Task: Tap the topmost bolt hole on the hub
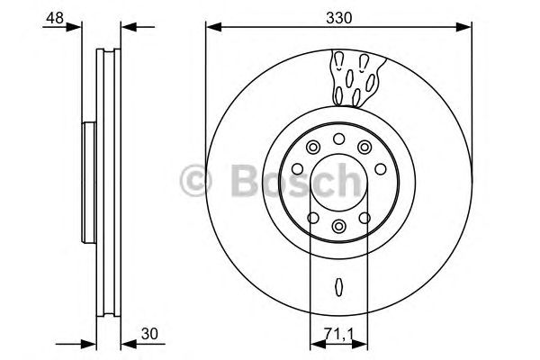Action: click(x=338, y=138)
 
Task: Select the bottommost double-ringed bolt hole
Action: click(x=338, y=226)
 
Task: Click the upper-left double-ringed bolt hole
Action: click(x=312, y=148)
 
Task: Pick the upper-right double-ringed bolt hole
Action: click(x=364, y=148)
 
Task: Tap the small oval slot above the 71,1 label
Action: click(x=338, y=287)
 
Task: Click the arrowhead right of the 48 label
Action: click(x=90, y=26)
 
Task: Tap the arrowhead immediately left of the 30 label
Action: click(x=127, y=343)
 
